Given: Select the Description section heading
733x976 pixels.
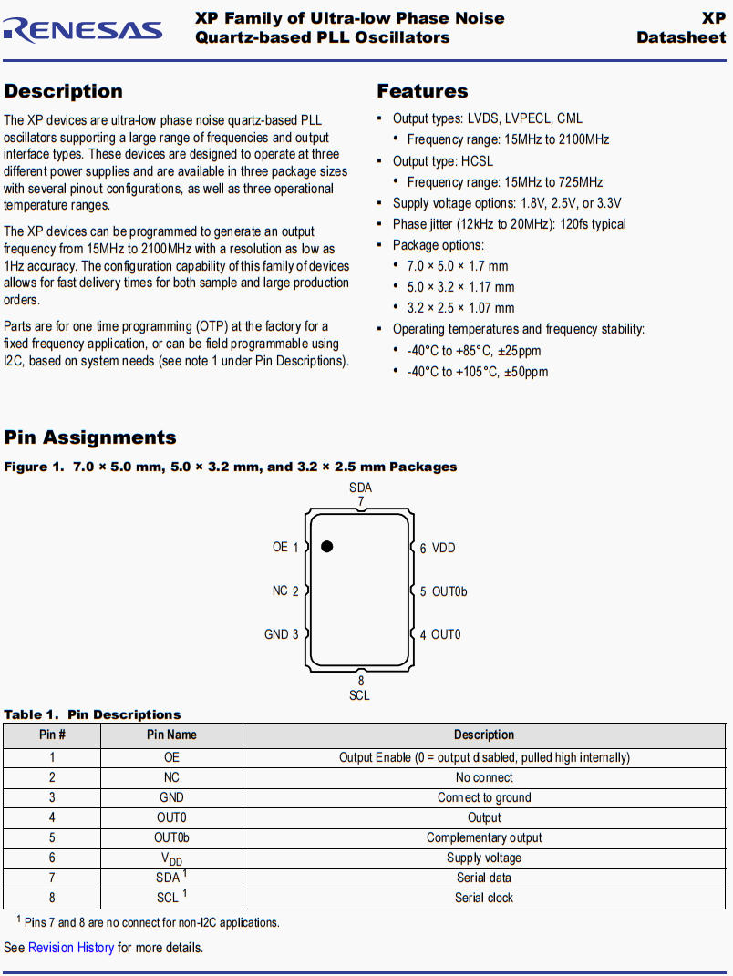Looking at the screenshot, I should [63, 91].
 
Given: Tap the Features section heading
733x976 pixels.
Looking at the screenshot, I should [422, 91].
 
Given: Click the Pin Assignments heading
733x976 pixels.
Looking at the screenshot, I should [90, 437].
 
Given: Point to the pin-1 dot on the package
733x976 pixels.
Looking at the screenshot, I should [326, 547].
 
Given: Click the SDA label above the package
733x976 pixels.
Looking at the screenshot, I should [360, 488].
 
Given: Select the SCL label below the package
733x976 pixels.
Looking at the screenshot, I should [359, 695].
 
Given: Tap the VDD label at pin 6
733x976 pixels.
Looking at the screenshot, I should [443, 548].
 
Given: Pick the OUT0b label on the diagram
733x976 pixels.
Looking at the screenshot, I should [449, 591].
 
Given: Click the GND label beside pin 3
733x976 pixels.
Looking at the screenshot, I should [276, 634].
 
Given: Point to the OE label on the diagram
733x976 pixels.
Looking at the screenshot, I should [280, 547].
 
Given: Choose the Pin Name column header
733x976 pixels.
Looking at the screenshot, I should [171, 735].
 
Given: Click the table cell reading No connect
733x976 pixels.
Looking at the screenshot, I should [484, 777].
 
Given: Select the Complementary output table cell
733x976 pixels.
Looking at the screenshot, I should [484, 837].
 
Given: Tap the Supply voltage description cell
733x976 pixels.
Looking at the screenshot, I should [484, 858].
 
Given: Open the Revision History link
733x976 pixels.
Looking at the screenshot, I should [71, 948].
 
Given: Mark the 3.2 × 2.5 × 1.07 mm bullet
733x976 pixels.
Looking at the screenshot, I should [460, 308].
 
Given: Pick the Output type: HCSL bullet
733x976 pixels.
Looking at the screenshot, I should [442, 161].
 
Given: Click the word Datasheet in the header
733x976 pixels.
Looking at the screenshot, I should [681, 37].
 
